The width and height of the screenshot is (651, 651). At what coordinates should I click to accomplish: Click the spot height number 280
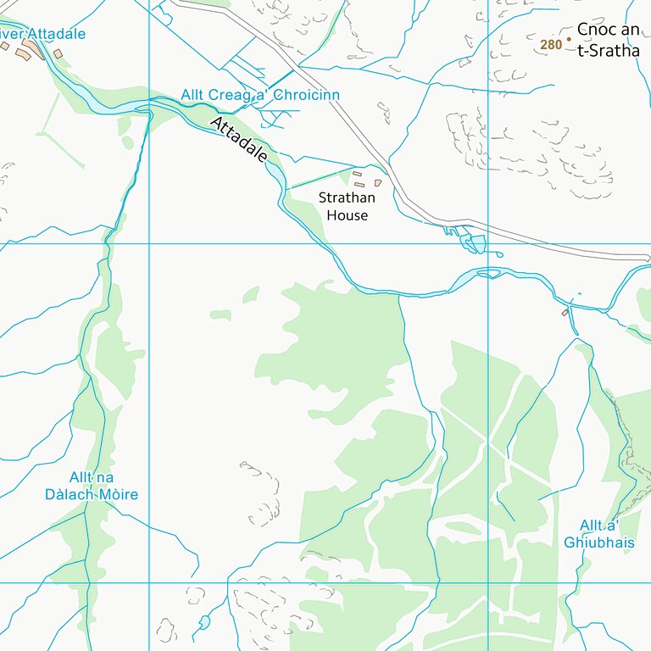pyautogui.click(x=551, y=44)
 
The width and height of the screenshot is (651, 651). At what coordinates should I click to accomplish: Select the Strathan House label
pyautogui.click(x=348, y=206)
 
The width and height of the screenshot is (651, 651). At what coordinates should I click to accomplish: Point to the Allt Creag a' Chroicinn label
pyautogui.click(x=260, y=95)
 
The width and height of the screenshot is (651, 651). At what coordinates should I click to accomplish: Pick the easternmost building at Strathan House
pyautogui.click(x=378, y=182)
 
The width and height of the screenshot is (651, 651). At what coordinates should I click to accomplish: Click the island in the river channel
pyautogui.click(x=488, y=273)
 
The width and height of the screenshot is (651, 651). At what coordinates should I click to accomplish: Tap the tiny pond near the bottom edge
pyautogui.click(x=204, y=623)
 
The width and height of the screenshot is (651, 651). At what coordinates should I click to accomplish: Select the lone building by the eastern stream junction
pyautogui.click(x=565, y=313)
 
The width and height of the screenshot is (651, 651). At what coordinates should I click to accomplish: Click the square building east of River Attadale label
pyautogui.click(x=58, y=53)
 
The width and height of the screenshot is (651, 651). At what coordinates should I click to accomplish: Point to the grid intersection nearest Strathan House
pyautogui.click(x=488, y=244)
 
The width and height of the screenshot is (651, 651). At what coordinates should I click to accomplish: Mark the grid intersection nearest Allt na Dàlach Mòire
pyautogui.click(x=149, y=583)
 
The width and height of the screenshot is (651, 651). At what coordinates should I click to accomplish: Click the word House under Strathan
pyautogui.click(x=348, y=215)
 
